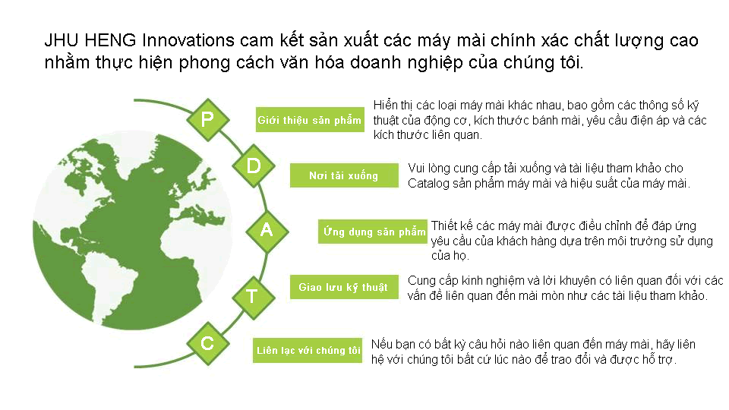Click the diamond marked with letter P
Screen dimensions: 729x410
208,119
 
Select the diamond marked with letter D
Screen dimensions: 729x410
254,166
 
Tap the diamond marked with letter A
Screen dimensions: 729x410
267,231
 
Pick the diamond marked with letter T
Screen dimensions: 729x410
254,297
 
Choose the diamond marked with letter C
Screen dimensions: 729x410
208,343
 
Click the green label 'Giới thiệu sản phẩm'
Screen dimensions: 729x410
310,120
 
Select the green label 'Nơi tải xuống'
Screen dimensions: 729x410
344,175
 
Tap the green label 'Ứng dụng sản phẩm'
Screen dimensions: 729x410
372,232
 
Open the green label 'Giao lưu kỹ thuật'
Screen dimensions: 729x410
344,287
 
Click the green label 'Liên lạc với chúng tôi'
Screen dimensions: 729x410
308,350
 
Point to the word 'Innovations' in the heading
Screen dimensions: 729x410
188,40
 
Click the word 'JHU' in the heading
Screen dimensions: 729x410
62,40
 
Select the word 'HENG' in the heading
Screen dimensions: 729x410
110,40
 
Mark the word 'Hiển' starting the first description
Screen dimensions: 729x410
386,105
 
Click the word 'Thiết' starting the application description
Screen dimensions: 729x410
445,226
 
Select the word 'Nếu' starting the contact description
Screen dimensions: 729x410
382,345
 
